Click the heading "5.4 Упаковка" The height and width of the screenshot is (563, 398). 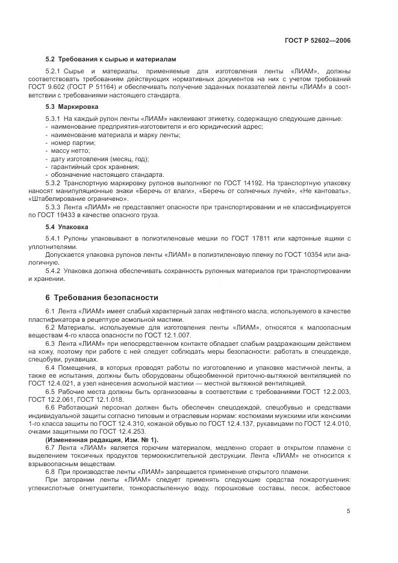click(x=67, y=227)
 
